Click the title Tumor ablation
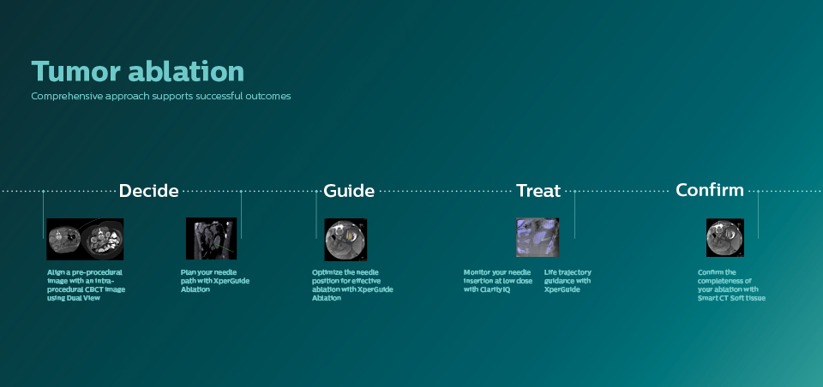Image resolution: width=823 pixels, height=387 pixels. (137, 71)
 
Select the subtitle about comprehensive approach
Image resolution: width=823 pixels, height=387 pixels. (161, 96)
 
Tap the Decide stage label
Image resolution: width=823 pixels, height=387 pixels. (148, 191)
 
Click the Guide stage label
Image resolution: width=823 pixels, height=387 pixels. (349, 191)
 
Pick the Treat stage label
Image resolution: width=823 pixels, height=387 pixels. (538, 191)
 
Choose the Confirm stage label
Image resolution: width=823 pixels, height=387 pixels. (709, 190)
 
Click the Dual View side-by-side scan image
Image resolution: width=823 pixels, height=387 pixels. (85, 239)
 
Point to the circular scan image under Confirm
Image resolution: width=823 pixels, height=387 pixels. (725, 238)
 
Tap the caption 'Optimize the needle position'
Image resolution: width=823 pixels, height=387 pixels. (352, 284)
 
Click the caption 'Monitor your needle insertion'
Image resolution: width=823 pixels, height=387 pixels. (497, 281)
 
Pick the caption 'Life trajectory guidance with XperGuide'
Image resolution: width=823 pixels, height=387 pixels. (568, 281)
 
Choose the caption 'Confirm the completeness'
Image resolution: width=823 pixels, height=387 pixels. (731, 284)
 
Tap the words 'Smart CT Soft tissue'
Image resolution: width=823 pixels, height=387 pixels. (731, 298)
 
